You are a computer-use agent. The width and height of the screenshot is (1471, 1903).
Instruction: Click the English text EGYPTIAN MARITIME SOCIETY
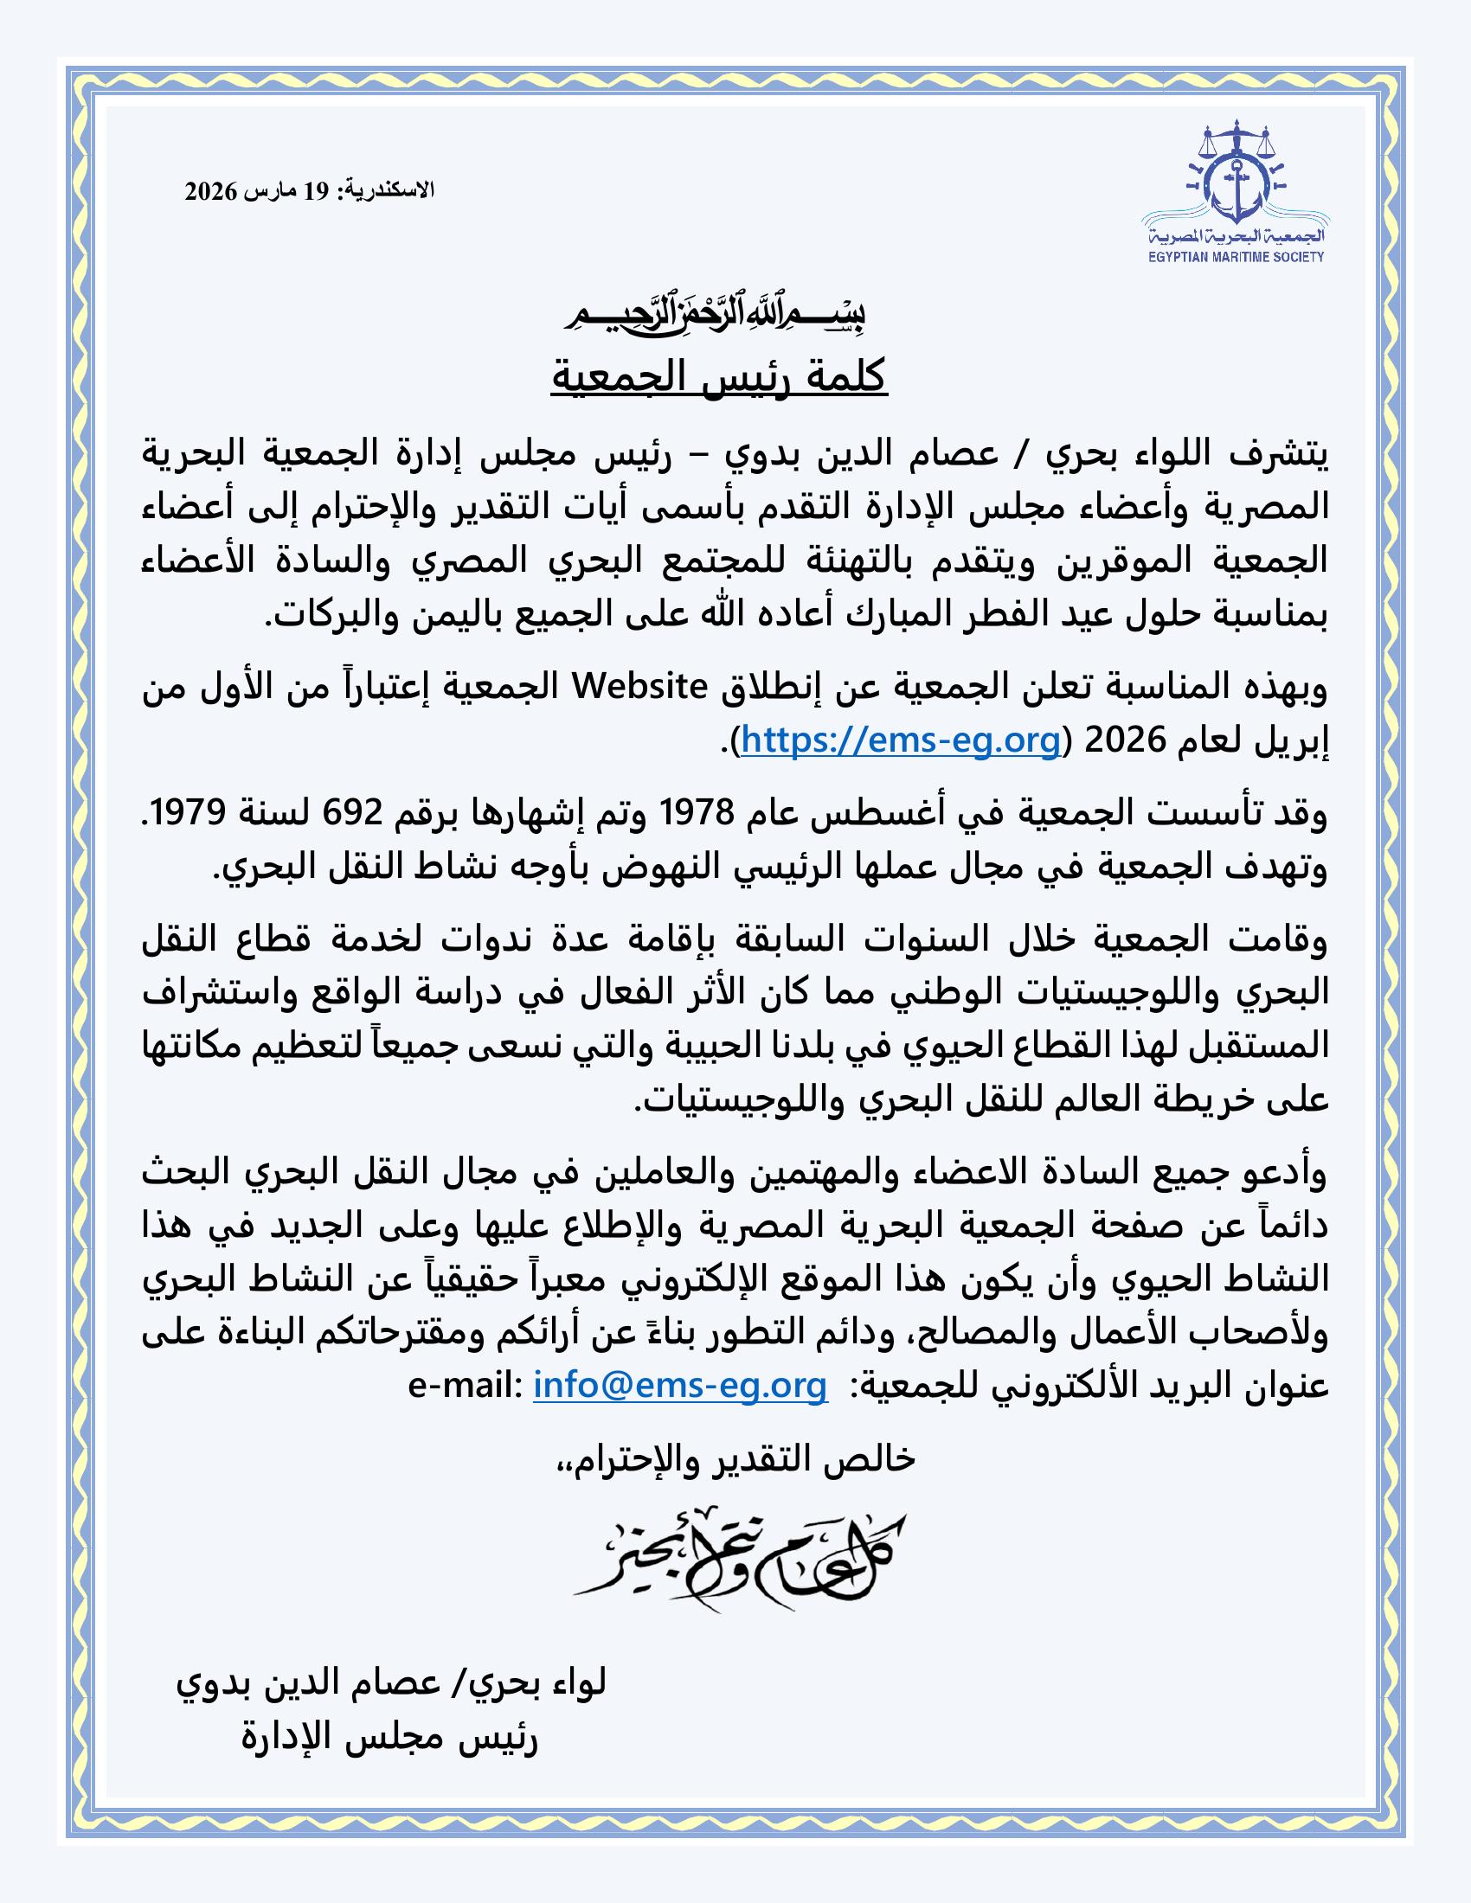[x=1235, y=256]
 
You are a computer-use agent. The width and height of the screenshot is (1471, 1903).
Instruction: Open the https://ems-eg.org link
[x=901, y=740]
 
